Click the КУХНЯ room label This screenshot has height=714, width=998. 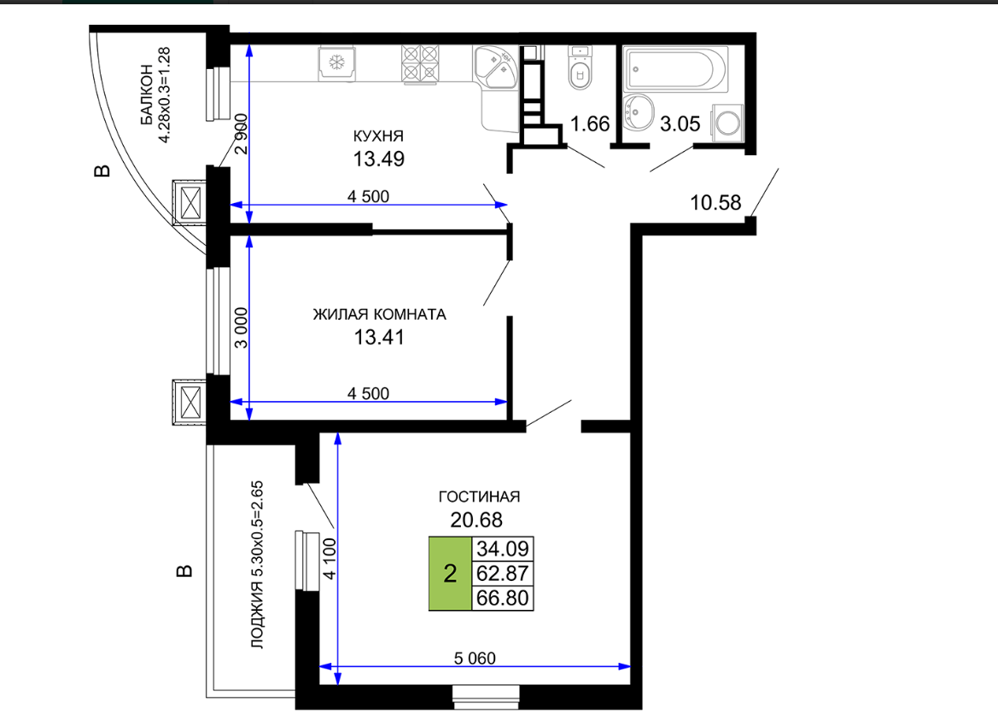378,136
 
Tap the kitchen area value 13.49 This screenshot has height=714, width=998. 379,159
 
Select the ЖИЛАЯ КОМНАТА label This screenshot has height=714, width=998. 379,314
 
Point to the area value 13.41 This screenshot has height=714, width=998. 379,337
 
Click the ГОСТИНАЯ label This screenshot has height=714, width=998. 479,496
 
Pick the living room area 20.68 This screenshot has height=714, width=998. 476,520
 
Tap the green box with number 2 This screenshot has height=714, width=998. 450,573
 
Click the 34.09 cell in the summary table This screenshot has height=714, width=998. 502,548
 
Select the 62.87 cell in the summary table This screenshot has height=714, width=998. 502,573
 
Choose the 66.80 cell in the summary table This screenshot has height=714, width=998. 502,598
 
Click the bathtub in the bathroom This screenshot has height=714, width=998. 675,69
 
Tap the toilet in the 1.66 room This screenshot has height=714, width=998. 579,67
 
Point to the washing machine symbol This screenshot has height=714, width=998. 727,122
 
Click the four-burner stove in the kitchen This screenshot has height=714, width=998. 420,64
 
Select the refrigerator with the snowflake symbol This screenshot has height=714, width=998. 336,63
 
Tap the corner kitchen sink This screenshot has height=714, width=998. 497,67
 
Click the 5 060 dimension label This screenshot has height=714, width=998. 475,658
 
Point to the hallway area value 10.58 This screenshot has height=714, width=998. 715,203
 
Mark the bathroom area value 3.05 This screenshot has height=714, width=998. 680,124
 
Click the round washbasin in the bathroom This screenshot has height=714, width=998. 639,112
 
